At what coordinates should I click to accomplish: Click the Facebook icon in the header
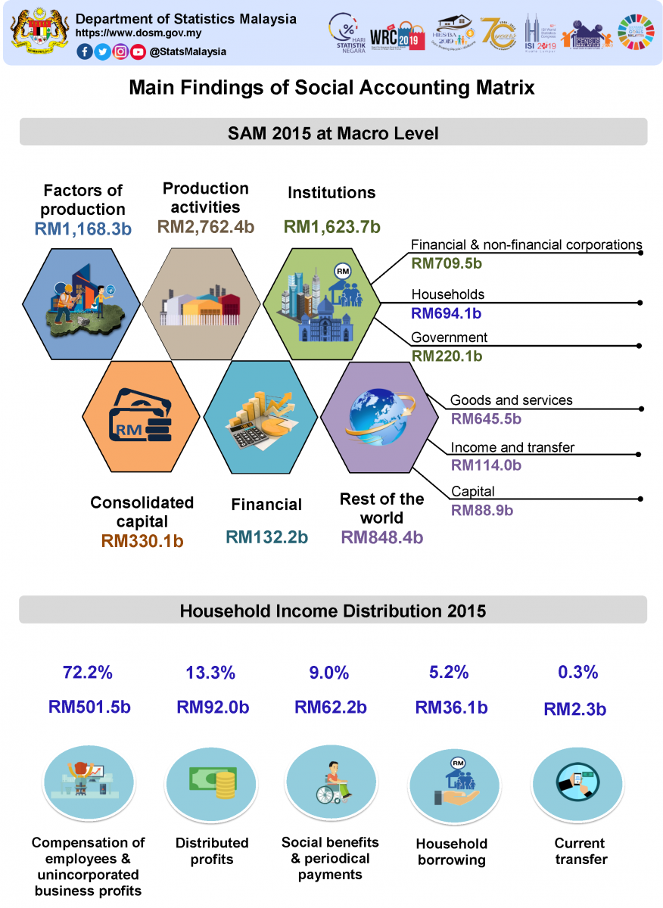click(x=85, y=51)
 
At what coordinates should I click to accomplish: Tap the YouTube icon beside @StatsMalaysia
click(x=137, y=51)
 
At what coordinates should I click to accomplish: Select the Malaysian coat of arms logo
click(x=37, y=32)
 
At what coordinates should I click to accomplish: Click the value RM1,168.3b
click(x=83, y=229)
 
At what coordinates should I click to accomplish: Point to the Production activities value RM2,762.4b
click(x=206, y=226)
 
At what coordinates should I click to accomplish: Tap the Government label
click(x=449, y=337)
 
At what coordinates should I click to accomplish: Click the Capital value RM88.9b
click(x=482, y=510)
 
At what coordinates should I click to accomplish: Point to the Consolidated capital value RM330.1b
click(x=142, y=540)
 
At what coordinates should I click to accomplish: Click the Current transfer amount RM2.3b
click(x=575, y=709)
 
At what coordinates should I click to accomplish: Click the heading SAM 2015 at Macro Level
click(x=333, y=134)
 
